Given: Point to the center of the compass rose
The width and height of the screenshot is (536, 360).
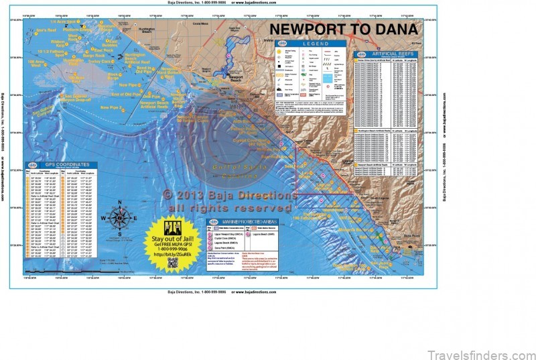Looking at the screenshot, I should pos(119,219).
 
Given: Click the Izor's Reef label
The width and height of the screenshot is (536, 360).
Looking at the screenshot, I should pos(45,30).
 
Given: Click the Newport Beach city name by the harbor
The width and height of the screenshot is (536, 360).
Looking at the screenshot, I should pos(235,78).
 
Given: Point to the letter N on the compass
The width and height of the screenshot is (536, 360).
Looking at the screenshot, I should pos(119,202).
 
